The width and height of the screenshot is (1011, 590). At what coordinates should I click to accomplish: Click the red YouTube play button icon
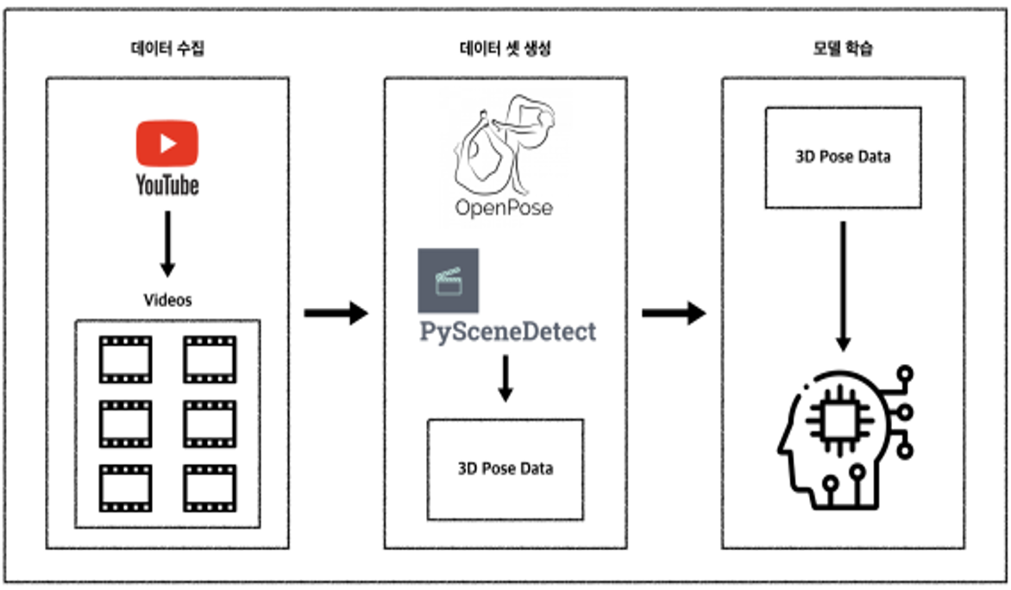tap(166, 142)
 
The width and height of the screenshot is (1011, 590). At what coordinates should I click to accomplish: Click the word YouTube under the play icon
tap(166, 184)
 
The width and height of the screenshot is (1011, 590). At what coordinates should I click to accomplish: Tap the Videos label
tap(167, 300)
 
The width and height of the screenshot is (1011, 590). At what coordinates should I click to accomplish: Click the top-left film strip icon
tap(125, 359)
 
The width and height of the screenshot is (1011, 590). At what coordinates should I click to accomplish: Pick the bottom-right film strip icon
tap(209, 488)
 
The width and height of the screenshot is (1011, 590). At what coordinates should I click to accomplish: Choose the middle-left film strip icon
tap(125, 424)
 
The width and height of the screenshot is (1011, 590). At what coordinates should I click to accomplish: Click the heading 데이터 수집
tap(167, 49)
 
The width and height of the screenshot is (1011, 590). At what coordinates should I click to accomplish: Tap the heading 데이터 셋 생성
tap(505, 49)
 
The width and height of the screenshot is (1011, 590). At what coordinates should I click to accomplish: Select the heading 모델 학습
tap(842, 49)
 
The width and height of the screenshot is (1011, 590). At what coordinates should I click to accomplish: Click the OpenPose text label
tap(505, 208)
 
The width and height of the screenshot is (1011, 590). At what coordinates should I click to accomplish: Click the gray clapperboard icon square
tap(448, 280)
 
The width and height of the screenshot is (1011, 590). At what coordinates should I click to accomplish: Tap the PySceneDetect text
tap(507, 331)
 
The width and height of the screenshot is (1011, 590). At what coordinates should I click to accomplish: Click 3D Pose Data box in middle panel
tap(505, 469)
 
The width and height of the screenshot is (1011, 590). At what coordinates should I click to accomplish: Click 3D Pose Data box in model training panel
tap(843, 157)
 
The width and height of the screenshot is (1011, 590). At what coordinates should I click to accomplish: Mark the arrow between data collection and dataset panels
tap(336, 312)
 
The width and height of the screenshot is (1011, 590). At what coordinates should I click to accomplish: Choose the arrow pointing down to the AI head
tap(844, 285)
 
